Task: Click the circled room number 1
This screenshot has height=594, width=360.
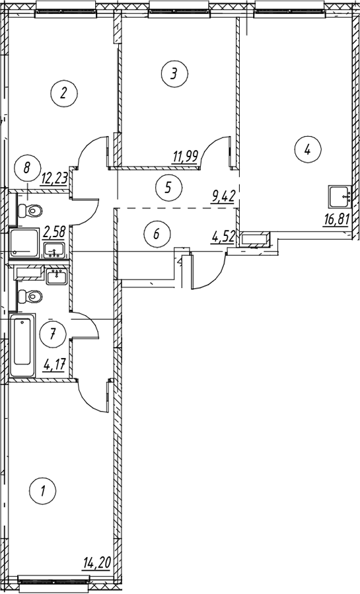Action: (43, 491)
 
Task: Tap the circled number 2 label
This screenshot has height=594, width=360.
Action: (64, 93)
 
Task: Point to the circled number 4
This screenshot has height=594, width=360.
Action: (308, 151)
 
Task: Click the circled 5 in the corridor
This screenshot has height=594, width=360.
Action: (169, 187)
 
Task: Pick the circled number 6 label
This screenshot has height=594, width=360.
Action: (157, 233)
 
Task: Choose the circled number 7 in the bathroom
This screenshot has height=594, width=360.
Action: (53, 334)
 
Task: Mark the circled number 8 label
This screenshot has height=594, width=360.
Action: (26, 167)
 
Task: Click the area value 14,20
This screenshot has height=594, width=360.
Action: (96, 563)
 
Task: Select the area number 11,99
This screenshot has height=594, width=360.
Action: (185, 156)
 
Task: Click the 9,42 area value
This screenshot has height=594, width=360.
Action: (224, 196)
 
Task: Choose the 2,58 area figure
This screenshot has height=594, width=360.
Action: (54, 231)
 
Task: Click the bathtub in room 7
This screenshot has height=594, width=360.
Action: (22, 345)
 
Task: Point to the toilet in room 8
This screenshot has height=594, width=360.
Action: (30, 210)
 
